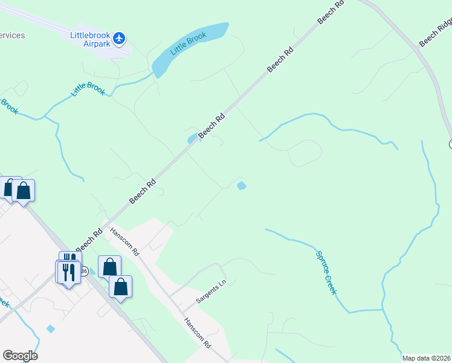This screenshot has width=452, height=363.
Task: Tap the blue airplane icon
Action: coord(119,38)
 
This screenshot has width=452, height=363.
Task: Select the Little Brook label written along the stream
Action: coord(88,89)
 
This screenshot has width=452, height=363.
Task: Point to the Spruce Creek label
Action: coord(326,273)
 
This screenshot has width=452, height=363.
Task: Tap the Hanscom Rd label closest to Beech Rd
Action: coord(124,241)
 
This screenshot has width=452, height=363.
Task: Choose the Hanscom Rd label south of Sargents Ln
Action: coord(198,333)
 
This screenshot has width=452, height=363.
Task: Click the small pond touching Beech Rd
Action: coord(193,139)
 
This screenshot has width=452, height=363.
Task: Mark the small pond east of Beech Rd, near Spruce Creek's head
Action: coord(242,186)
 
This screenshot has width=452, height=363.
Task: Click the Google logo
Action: coord(20,355)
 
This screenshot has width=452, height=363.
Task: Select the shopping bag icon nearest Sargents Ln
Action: coord(120,287)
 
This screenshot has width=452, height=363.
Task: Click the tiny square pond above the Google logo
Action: coord(50,329)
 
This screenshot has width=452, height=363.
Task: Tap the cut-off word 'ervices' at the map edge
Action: coord(12,35)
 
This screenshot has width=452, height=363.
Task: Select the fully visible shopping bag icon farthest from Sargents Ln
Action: coord(23,191)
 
